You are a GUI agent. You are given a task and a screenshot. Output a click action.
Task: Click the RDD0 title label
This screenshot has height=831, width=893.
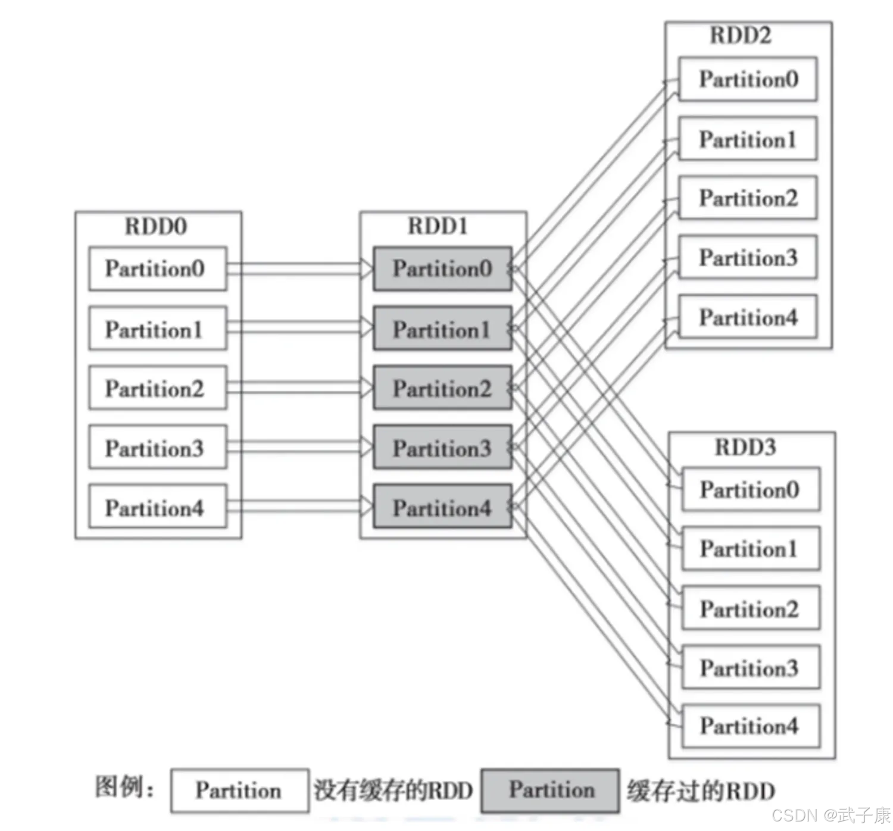pos(155,226)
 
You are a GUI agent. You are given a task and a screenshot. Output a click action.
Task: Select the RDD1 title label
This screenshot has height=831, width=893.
pos(438,226)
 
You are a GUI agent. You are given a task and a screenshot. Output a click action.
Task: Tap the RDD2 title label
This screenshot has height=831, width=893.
pos(741,35)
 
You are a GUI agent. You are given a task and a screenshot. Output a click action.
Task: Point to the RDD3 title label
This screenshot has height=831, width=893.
pos(745,447)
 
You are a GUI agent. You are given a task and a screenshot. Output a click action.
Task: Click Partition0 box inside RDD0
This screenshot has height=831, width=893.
pos(158,268)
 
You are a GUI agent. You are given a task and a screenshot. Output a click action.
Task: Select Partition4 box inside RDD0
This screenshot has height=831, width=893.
pos(158,506)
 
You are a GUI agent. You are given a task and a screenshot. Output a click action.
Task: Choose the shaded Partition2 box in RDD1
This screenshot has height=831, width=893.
pos(442,388)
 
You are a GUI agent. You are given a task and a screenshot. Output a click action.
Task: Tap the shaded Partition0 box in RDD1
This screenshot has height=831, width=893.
pos(442,268)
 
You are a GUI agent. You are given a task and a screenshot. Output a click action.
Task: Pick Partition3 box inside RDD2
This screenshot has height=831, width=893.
pos(748,257)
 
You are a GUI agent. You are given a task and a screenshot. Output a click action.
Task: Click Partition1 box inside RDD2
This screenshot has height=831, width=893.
pos(748,139)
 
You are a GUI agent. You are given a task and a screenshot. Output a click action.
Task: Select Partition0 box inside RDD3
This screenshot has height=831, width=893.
pos(751,489)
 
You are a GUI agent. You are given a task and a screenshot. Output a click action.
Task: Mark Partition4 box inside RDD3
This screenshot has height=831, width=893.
pos(751,726)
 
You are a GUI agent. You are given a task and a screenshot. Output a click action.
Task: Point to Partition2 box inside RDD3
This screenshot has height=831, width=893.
pos(751,608)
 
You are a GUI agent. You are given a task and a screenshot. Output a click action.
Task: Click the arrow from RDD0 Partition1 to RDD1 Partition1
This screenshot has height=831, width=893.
pos(300,327)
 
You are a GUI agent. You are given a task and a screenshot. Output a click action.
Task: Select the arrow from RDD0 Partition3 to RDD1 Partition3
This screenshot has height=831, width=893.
pos(300,446)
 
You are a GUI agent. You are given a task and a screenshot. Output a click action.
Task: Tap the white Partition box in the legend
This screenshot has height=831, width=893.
pos(240,791)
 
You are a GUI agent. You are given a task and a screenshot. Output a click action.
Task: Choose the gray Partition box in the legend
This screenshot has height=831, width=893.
pos(550,791)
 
